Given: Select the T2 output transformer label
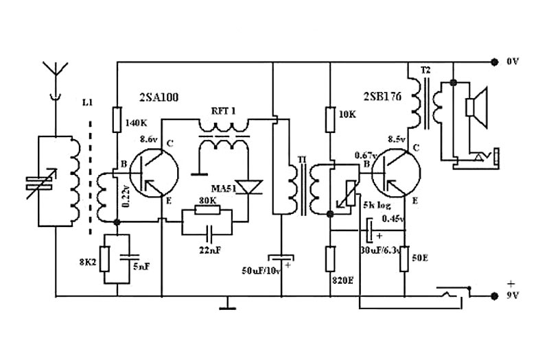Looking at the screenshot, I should [425, 70].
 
